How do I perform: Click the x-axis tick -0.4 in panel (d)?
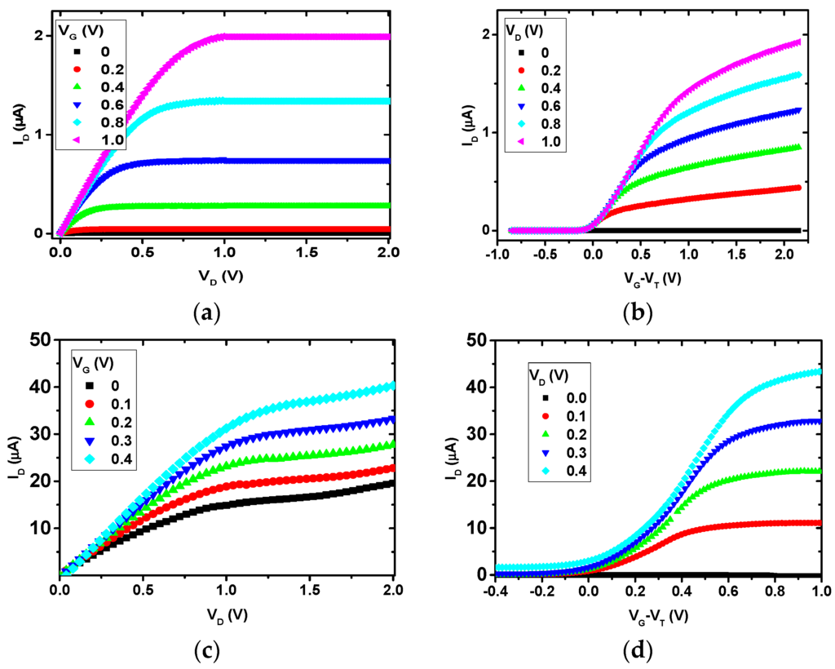coord(494,591)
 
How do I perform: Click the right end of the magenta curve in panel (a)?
coord(389,37)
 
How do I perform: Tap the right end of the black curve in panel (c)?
coord(392,483)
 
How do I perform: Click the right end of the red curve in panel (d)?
coord(818,523)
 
